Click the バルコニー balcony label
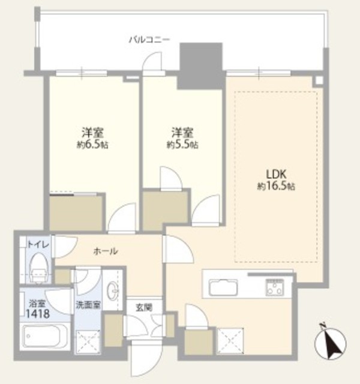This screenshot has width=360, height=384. pyautogui.click(x=149, y=40)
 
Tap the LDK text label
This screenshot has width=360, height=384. pyautogui.click(x=276, y=175)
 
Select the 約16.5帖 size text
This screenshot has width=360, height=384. pyautogui.click(x=276, y=187)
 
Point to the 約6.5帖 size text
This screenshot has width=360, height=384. pyautogui.click(x=92, y=145)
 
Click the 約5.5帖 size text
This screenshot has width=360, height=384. pyautogui.click(x=182, y=145)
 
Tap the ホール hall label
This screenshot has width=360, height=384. pyautogui.click(x=106, y=251)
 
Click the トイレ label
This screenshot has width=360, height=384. pyautogui.click(x=38, y=244)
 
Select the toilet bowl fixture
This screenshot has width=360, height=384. pyautogui.click(x=38, y=268)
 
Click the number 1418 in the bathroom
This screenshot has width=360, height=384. pyautogui.click(x=38, y=313)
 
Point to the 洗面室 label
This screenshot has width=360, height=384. pyautogui.click(x=88, y=305)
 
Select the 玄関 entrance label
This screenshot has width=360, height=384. pyautogui.click(x=144, y=308)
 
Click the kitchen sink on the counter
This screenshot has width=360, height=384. pyautogui.click(x=223, y=287)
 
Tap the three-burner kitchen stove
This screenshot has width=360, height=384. pyautogui.click(x=275, y=287)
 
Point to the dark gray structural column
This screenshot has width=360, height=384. pyautogui.click(x=201, y=66)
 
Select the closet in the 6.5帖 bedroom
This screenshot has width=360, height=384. pyautogui.click(x=76, y=212)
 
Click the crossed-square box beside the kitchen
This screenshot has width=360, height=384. pyautogui.click(x=230, y=341)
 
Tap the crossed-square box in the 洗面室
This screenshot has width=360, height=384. pyautogui.click(x=88, y=342)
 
